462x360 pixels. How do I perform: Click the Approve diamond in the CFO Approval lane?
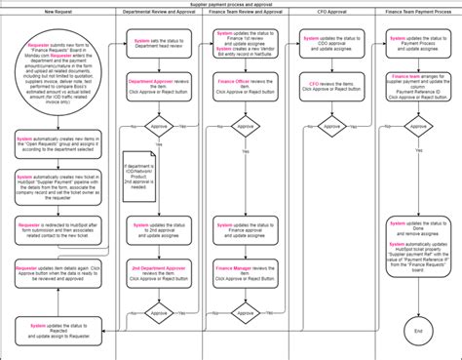coord(333,125)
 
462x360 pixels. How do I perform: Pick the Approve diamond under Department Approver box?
coord(158,125)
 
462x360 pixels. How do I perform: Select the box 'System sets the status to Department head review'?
coord(158,44)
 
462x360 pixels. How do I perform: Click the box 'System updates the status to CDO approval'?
coord(333,44)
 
